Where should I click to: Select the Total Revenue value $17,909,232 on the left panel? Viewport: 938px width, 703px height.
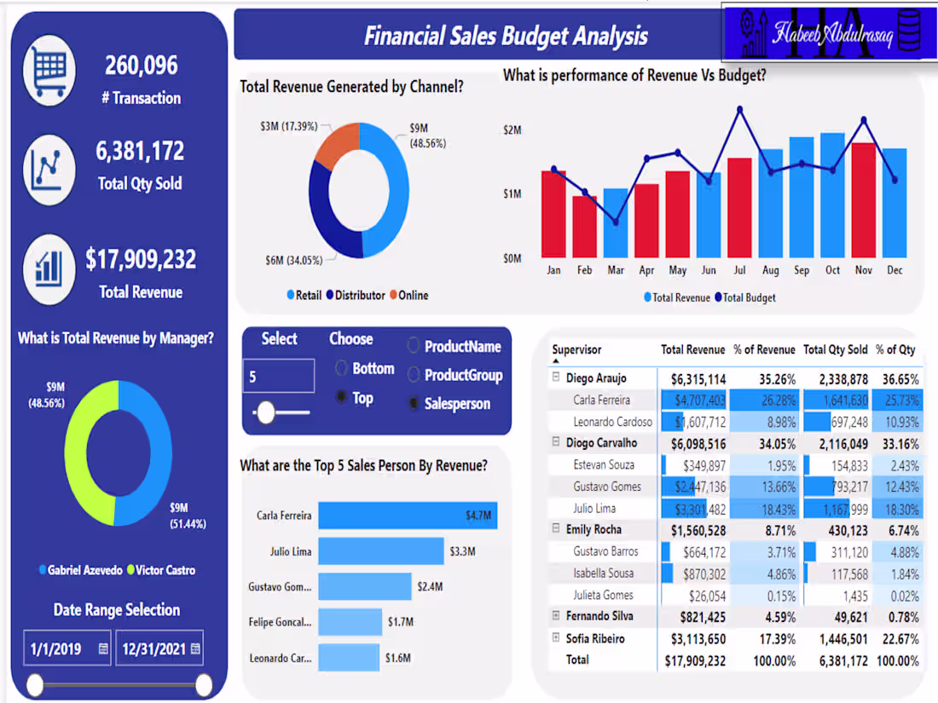(x=141, y=259)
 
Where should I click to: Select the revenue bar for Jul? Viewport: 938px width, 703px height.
(x=739, y=208)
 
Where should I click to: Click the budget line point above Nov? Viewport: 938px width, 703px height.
(x=864, y=119)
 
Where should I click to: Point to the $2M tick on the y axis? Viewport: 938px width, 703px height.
(x=512, y=130)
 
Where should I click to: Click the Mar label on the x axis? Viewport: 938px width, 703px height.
(x=615, y=270)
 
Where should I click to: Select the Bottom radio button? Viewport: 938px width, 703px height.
(x=342, y=369)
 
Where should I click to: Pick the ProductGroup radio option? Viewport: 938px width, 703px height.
(x=414, y=375)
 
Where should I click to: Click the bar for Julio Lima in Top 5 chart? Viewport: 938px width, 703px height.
(x=381, y=551)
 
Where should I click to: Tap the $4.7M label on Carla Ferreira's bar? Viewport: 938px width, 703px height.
(x=477, y=516)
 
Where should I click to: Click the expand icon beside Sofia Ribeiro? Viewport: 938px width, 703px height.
(x=555, y=638)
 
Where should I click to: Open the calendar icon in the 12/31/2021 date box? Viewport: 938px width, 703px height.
(x=195, y=649)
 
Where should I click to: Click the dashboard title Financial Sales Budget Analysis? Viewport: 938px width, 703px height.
(x=506, y=36)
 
